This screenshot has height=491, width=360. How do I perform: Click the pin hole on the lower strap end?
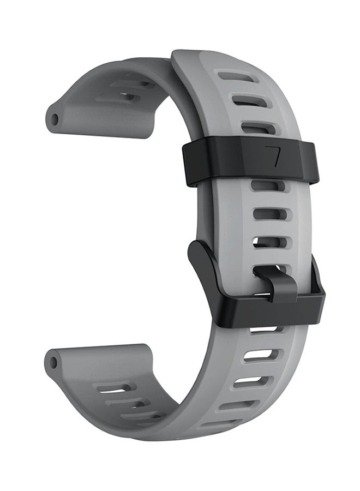coord(52,361)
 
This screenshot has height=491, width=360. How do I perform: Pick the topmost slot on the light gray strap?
coord(240,77)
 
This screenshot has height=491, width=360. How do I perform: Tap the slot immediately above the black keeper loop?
coord(256,129)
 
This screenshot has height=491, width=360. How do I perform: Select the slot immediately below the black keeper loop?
coord(267,187)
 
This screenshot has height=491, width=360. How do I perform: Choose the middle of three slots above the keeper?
coord(248,101)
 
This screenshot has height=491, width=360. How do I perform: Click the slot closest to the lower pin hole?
coord(115,389)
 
